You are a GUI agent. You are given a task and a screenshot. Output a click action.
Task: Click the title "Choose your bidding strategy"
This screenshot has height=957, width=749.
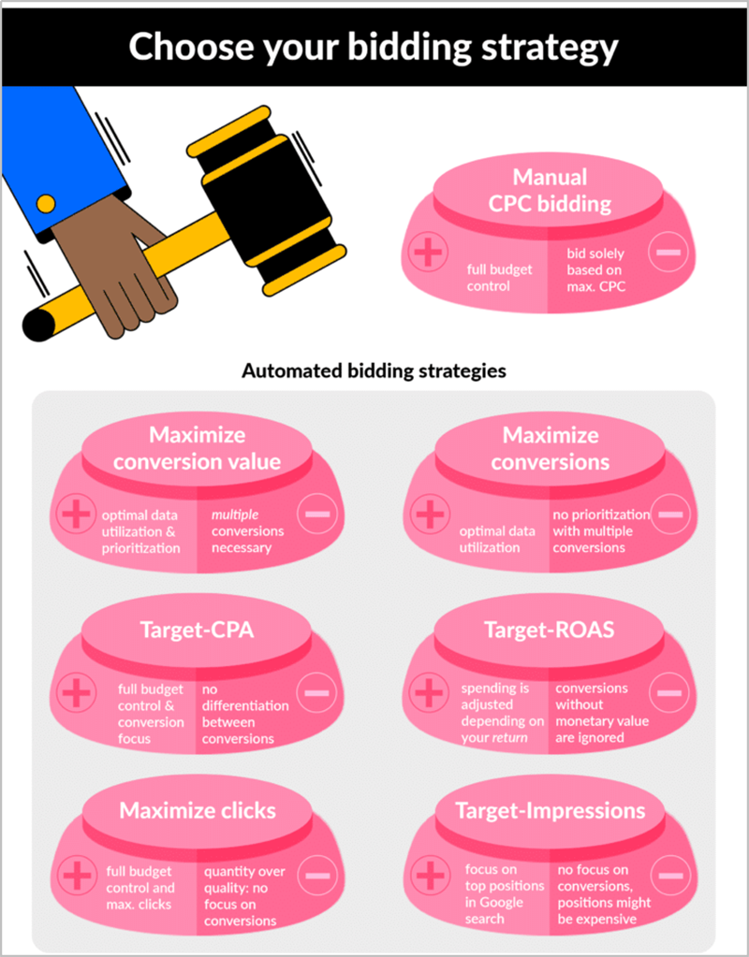pos(374,47)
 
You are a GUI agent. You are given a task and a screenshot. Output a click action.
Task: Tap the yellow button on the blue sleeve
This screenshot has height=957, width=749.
pos(46,204)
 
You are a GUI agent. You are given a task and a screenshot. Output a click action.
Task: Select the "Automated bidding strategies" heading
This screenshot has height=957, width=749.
pos(374,370)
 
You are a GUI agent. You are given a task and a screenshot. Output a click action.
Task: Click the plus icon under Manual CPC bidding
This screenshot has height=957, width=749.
pos(428,252)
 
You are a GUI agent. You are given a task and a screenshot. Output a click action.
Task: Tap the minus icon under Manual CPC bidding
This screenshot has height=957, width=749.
pos(668,252)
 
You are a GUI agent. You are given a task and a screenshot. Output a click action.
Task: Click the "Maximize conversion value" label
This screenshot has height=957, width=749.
pos(197,449)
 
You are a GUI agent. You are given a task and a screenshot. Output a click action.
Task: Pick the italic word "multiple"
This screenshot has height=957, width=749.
pos(235,515)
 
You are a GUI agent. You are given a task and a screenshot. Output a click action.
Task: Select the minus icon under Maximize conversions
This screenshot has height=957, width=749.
pos(670,514)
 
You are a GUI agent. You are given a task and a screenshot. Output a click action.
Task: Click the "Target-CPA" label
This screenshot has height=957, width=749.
pos(197,630)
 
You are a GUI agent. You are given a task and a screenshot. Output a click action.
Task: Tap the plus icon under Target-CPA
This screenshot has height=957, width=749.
pos(77,693)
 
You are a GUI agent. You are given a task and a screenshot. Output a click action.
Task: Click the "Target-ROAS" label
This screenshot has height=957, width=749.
pos(550,630)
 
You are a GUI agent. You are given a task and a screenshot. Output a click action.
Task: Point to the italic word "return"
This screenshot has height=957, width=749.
pos(510,737)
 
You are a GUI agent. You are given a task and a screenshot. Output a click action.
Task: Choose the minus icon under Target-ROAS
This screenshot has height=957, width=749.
pos(669,693)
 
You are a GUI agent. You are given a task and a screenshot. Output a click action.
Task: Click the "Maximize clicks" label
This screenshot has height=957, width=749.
pos(198,810)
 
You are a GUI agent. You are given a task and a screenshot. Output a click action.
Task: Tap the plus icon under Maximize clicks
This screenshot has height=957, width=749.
pos(77,876)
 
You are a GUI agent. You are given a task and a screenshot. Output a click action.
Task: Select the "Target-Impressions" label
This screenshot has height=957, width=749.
pos(550,810)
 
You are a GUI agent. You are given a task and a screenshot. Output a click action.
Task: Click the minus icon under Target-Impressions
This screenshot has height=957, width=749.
pos(670,876)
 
